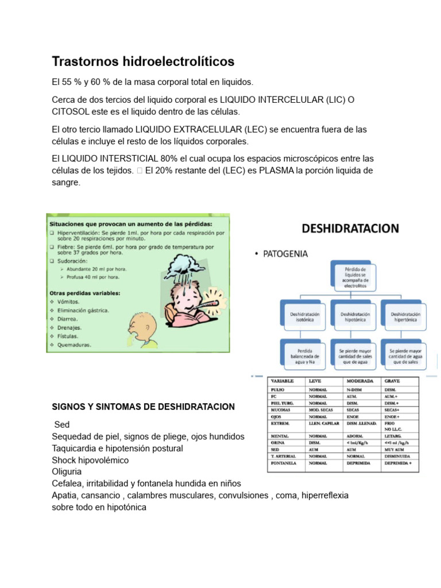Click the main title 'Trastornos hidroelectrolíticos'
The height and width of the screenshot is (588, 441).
[143, 61]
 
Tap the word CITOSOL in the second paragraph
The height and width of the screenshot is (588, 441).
[72, 111]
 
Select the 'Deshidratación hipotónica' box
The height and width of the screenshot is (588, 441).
[355, 318]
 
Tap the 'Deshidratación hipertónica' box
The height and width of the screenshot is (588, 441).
[405, 318]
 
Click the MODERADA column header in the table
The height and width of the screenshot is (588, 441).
[359, 381]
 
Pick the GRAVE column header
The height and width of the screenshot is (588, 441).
[393, 381]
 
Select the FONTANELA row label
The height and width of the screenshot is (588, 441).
[283, 462]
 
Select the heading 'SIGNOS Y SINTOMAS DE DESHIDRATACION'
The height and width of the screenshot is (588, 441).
[143, 407]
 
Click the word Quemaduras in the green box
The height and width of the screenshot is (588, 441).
[74, 345]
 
